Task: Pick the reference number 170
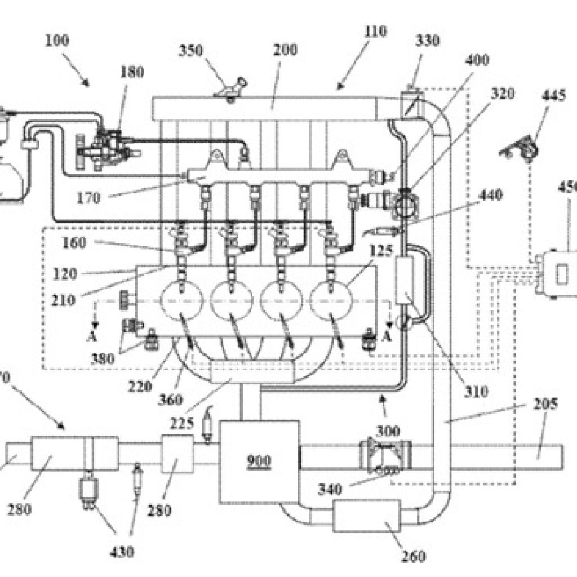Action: pos(89,198)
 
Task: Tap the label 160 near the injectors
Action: pos(74,243)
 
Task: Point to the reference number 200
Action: pos(286,50)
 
